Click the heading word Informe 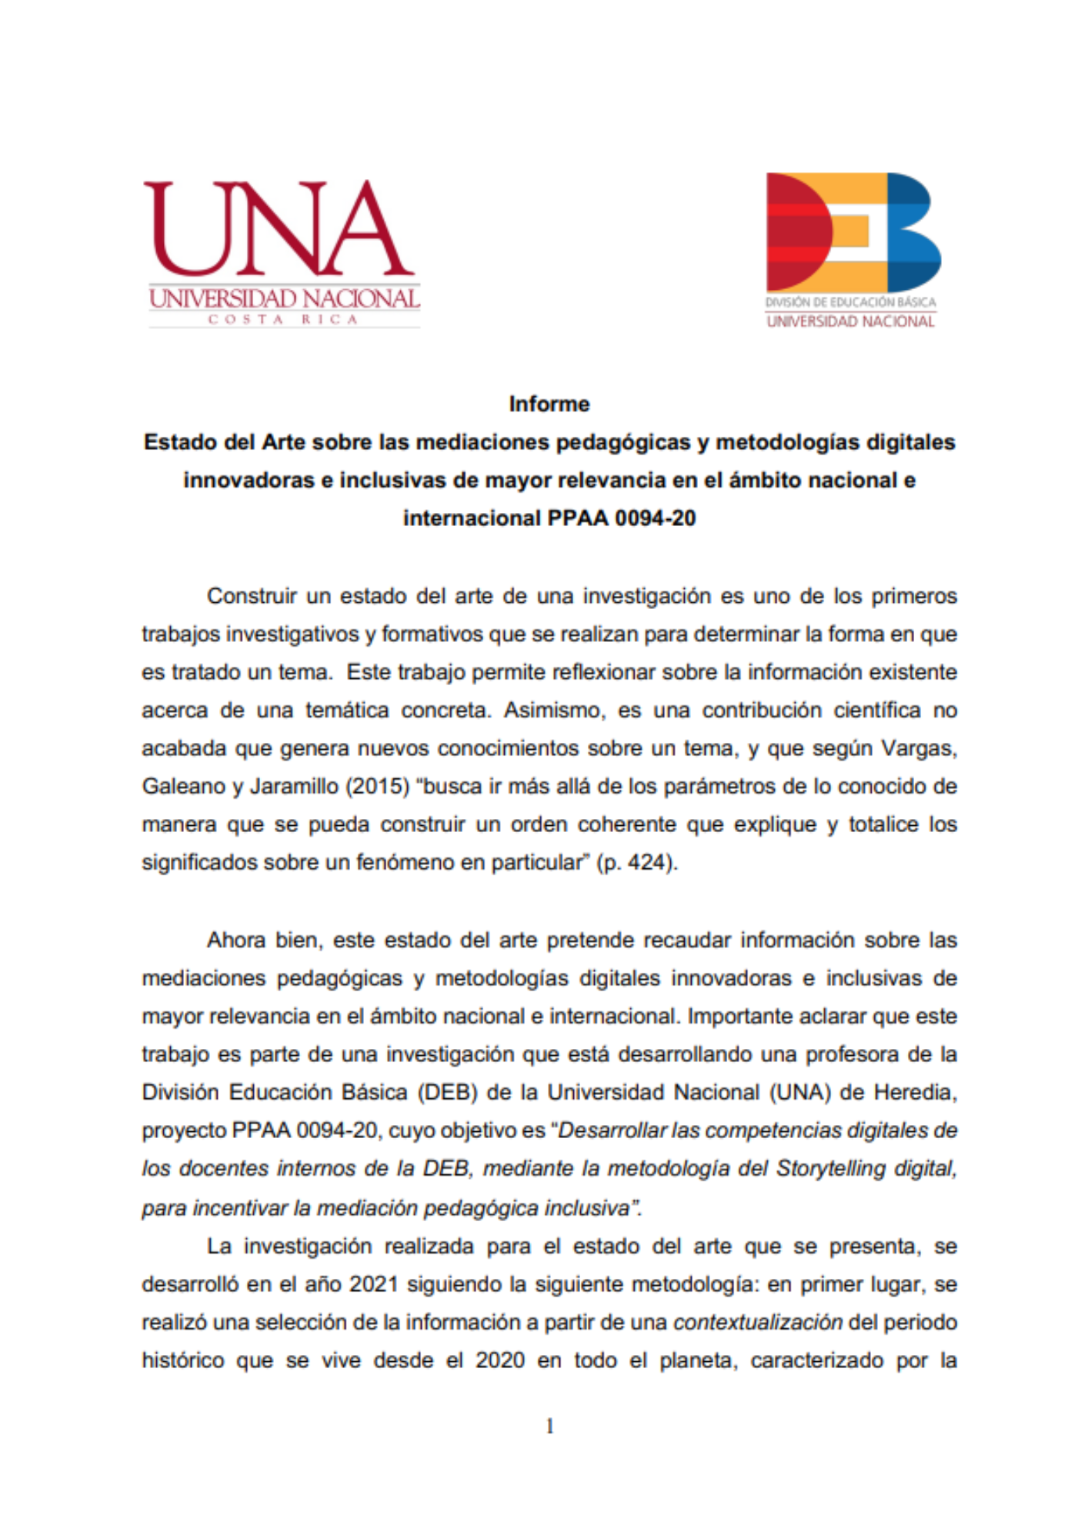[x=549, y=404]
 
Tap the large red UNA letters [x=279, y=228]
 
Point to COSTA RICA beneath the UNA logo [x=283, y=319]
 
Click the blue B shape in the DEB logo [x=913, y=231]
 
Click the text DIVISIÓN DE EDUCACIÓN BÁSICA [x=850, y=302]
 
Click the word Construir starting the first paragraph [x=252, y=596]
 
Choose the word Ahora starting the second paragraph [x=235, y=940]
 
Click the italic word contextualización [x=758, y=1322]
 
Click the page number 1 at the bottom [x=549, y=1426]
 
